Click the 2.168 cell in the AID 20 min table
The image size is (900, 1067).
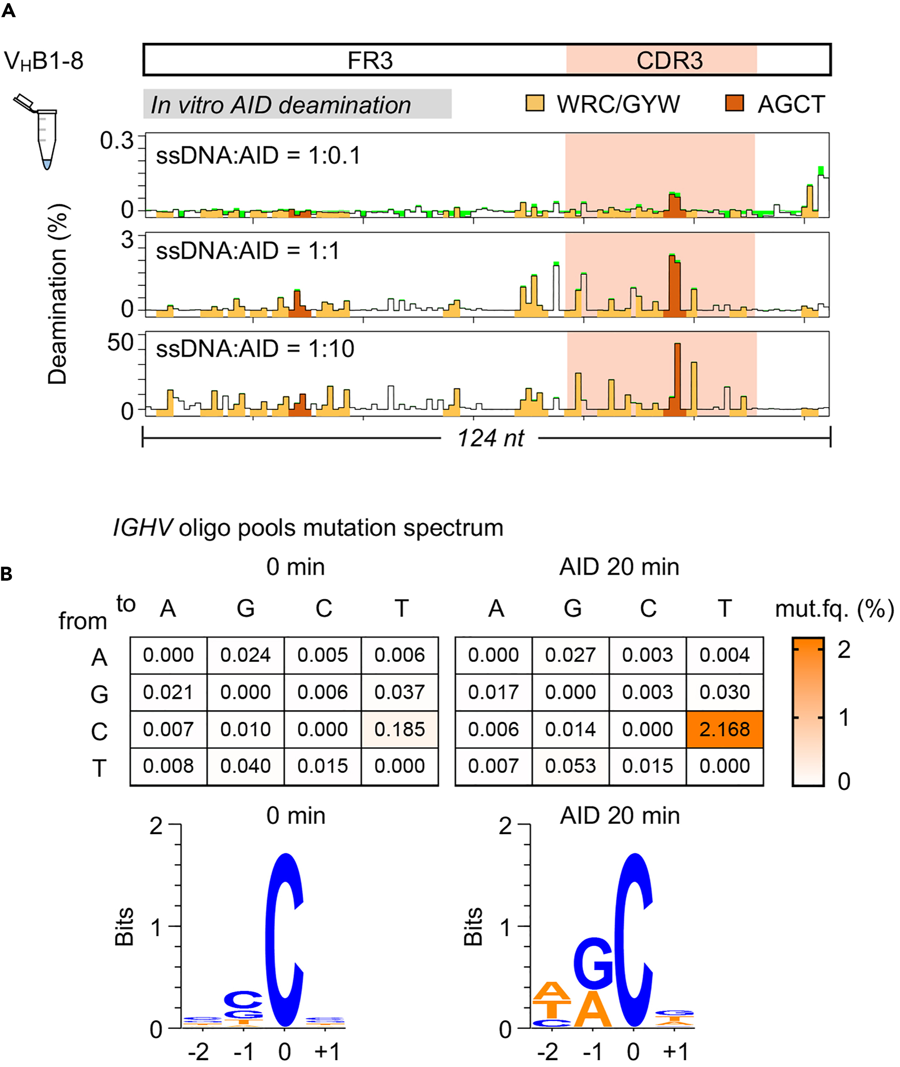(724, 729)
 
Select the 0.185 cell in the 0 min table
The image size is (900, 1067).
(400, 729)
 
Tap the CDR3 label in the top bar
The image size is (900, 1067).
(669, 61)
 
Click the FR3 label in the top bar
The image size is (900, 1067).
(370, 61)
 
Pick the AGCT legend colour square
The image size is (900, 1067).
(734, 103)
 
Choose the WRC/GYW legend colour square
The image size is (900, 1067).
(535, 103)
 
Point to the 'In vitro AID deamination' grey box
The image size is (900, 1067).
(297, 105)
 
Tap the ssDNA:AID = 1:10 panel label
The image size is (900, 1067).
(255, 349)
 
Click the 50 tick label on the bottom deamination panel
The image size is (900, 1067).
(120, 343)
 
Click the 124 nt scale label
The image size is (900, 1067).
(490, 438)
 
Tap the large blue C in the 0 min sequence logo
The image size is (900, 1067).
(285, 939)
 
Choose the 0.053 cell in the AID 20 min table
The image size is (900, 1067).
(571, 766)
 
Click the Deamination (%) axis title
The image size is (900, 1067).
(58, 294)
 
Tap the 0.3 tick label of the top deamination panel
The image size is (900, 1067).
(116, 141)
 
